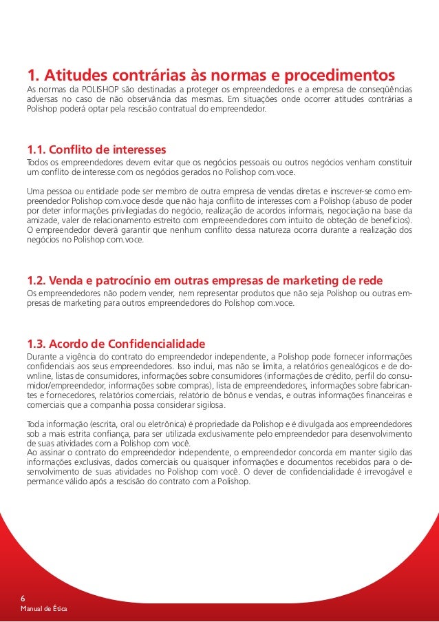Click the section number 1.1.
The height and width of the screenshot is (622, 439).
pyautogui.click(x=37, y=149)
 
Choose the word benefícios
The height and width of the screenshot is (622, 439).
pyautogui.click(x=387, y=220)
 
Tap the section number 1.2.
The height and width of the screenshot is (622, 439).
pyautogui.click(x=37, y=280)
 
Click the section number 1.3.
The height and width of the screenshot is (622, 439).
pyautogui.click(x=38, y=342)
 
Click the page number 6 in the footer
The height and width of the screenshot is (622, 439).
pyautogui.click(x=23, y=599)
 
